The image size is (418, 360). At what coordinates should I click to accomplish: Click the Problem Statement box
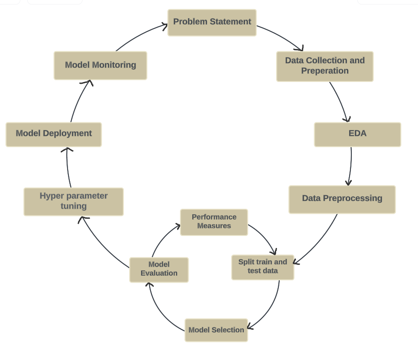point(212,22)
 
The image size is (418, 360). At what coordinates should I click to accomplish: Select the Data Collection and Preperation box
point(325,66)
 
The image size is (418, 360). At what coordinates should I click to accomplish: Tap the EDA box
point(357,134)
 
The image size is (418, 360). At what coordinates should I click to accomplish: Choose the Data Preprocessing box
point(342,199)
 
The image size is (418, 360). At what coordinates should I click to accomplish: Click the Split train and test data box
point(262,267)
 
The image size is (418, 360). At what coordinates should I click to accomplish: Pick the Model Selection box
point(216,330)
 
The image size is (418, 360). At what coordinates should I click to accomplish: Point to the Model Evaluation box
point(159,269)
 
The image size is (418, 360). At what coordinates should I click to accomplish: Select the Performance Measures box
point(214,222)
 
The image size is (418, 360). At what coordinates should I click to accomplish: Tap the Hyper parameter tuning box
point(73,202)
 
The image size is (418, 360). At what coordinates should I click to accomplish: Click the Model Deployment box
point(53,134)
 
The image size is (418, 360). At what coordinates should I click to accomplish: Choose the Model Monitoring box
point(100,65)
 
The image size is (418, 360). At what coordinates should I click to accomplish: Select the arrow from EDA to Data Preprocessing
point(350,166)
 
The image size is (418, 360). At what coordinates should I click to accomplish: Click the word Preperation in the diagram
point(325,71)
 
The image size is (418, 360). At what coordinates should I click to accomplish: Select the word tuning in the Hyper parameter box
point(73,206)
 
